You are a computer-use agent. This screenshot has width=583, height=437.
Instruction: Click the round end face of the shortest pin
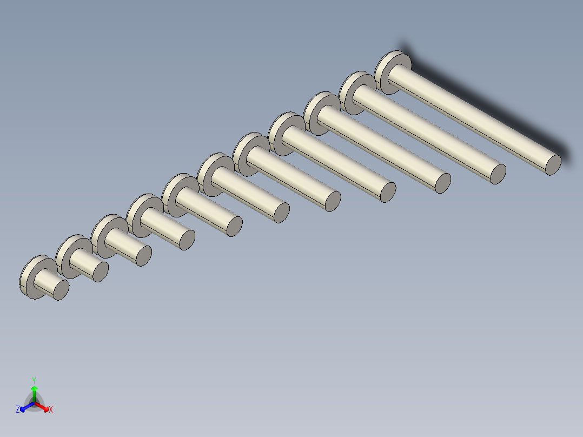(x=61, y=290)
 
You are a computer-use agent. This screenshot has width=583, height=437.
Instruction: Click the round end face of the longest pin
(x=553, y=164)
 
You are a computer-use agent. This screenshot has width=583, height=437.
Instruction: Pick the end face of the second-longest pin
(x=498, y=174)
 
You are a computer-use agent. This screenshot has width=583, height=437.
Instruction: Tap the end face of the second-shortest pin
(x=101, y=272)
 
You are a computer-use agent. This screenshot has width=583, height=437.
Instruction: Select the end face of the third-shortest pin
(x=144, y=256)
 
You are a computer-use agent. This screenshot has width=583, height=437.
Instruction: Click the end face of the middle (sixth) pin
(x=281, y=213)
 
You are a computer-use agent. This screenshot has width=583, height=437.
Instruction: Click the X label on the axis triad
(x=51, y=409)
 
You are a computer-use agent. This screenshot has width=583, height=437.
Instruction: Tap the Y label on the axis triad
(x=34, y=380)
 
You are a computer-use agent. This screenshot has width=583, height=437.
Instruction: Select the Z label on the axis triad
(x=18, y=409)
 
